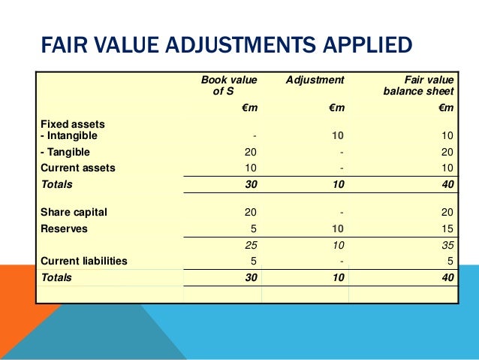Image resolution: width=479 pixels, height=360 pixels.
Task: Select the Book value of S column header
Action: (x=228, y=85)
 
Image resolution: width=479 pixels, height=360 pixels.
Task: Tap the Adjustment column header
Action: (x=315, y=79)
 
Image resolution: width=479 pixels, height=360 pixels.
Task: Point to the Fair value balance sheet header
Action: (x=418, y=85)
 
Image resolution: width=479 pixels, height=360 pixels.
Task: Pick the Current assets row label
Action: (x=78, y=168)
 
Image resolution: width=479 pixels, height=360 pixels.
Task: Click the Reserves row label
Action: (x=64, y=228)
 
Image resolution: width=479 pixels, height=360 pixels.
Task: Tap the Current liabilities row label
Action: (x=83, y=261)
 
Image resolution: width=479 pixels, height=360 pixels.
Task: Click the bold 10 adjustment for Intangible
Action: (x=337, y=136)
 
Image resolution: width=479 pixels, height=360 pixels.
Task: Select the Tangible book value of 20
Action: (x=251, y=152)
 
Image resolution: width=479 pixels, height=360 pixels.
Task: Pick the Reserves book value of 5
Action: (x=254, y=228)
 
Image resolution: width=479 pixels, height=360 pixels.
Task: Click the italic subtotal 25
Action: (x=251, y=245)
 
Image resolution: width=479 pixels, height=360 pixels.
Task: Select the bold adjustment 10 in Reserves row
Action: (x=337, y=228)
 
